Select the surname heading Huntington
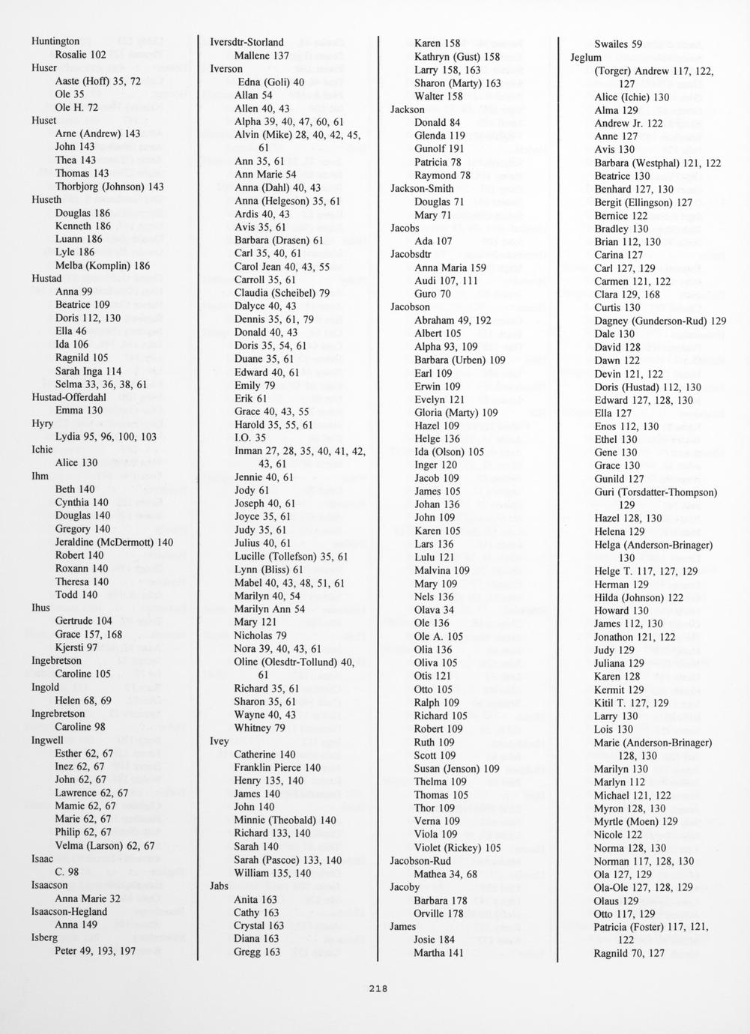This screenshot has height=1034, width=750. (55, 41)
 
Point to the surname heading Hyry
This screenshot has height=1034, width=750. (42, 423)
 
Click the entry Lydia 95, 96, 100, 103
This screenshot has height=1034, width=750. (106, 437)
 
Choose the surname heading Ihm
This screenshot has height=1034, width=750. (40, 476)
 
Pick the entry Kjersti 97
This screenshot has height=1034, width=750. (76, 647)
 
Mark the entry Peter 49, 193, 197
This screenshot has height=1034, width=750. (95, 951)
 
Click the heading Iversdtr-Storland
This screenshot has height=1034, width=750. (247, 42)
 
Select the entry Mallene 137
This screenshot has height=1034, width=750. (261, 55)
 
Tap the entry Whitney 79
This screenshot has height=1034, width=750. (259, 728)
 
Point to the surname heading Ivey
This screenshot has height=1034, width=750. (219, 741)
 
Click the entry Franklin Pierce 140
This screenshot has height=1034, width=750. (277, 767)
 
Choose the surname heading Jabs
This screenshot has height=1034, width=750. (219, 886)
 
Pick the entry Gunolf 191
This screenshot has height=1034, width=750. (439, 149)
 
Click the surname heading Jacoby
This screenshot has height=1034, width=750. (405, 887)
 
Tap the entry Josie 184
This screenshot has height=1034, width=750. (434, 940)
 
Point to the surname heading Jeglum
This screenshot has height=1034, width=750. (586, 58)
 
